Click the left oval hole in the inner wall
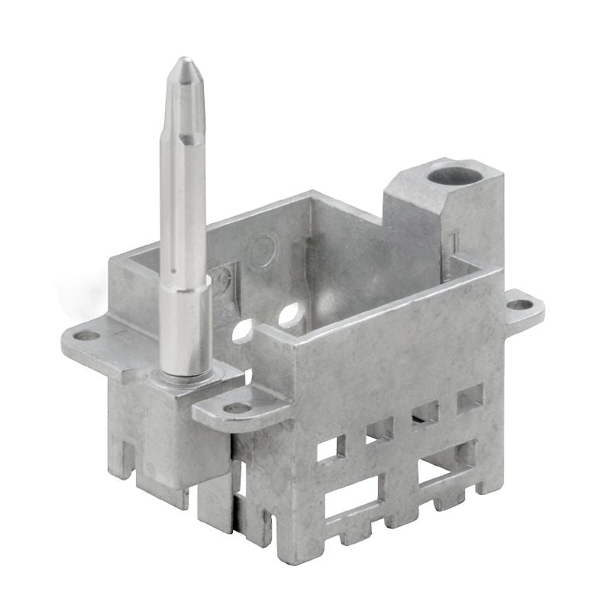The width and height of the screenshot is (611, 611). coord(243,331)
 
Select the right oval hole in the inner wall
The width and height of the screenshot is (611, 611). coord(290,314)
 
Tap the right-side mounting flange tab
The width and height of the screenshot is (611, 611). coord(521,307)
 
